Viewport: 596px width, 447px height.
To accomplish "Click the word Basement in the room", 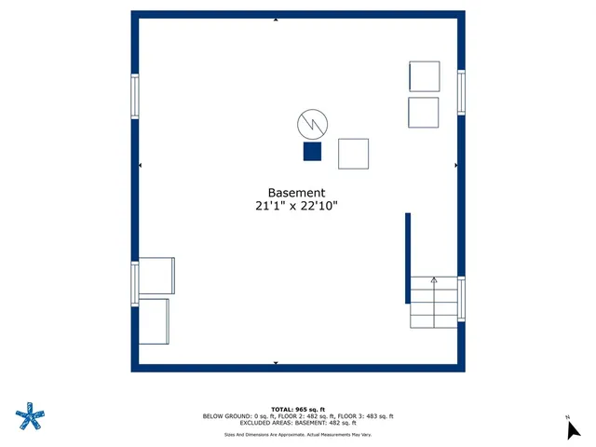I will click(297, 193).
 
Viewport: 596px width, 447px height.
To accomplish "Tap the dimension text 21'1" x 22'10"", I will click(297, 208).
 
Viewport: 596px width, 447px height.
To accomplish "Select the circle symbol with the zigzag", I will click(311, 123).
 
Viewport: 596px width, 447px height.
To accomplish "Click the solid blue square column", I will click(312, 152).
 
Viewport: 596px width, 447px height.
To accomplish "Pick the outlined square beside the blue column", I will click(353, 154).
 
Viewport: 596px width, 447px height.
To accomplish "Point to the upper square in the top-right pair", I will click(424, 76).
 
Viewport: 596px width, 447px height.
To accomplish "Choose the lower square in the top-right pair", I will click(424, 112).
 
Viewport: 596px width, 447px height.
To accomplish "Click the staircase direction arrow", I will click(434, 281).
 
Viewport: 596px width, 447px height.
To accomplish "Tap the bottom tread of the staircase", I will click(434, 321).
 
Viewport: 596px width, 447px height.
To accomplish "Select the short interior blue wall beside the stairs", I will click(408, 258).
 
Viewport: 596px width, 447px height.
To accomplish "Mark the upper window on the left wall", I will click(135, 96).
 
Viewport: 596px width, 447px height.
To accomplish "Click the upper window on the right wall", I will click(461, 92).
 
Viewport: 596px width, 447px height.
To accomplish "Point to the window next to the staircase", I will click(461, 299).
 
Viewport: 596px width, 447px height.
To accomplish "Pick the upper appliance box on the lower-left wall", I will click(156, 276).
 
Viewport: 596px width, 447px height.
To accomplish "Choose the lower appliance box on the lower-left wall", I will click(154, 320).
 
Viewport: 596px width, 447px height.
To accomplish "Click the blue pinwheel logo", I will click(30, 416).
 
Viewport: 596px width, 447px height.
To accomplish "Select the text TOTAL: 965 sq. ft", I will click(297, 409).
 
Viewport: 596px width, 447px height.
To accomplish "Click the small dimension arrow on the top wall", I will click(276, 19).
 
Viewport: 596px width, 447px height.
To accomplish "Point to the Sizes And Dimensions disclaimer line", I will click(297, 434).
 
